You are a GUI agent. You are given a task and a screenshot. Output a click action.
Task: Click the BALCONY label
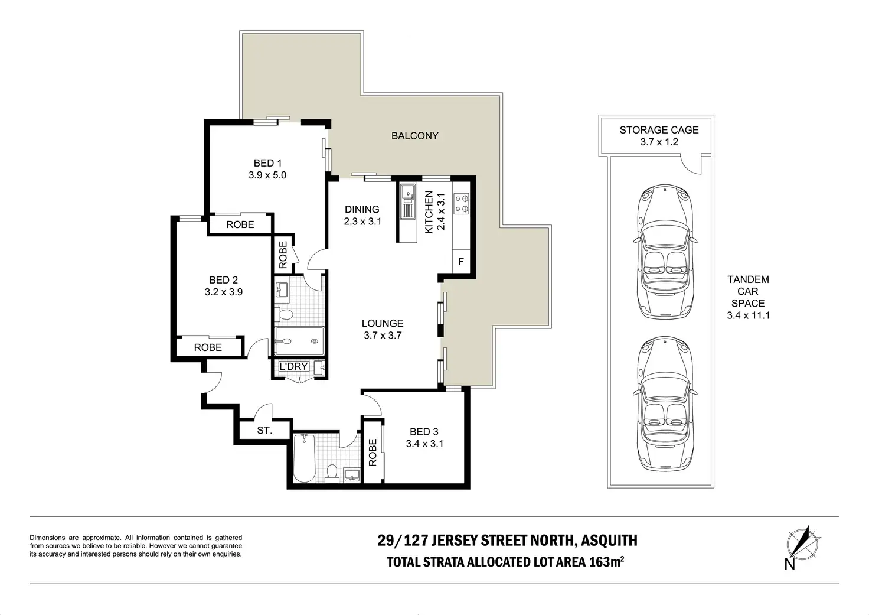point(414,136)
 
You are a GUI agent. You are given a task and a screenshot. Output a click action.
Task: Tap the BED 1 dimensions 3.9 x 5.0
point(267,175)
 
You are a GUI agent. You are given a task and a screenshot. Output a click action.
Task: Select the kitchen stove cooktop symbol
point(461,204)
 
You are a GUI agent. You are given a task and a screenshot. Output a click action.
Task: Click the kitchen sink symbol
point(408,201)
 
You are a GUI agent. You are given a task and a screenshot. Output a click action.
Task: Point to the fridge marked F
point(461,261)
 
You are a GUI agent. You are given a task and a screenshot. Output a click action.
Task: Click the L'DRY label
point(293,366)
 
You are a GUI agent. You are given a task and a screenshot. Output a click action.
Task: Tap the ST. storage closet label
point(264,430)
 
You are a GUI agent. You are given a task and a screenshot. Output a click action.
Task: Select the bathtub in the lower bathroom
point(304,458)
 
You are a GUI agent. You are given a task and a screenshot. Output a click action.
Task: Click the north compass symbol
point(803,545)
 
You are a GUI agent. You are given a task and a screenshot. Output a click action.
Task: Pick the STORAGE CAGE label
point(659,130)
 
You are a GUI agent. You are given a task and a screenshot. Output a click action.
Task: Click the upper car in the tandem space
point(665,252)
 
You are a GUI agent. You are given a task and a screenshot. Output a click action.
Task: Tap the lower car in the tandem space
point(665,404)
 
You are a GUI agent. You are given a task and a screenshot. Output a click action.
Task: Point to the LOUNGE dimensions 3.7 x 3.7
point(383,336)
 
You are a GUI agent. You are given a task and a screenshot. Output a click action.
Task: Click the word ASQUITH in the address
point(609,541)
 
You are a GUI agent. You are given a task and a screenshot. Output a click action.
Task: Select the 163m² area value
point(606,562)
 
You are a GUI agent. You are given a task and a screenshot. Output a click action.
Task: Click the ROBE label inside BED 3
point(373,453)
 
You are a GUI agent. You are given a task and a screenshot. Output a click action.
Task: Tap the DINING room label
point(362,210)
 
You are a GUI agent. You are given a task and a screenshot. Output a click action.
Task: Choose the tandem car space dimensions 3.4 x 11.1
point(749,315)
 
